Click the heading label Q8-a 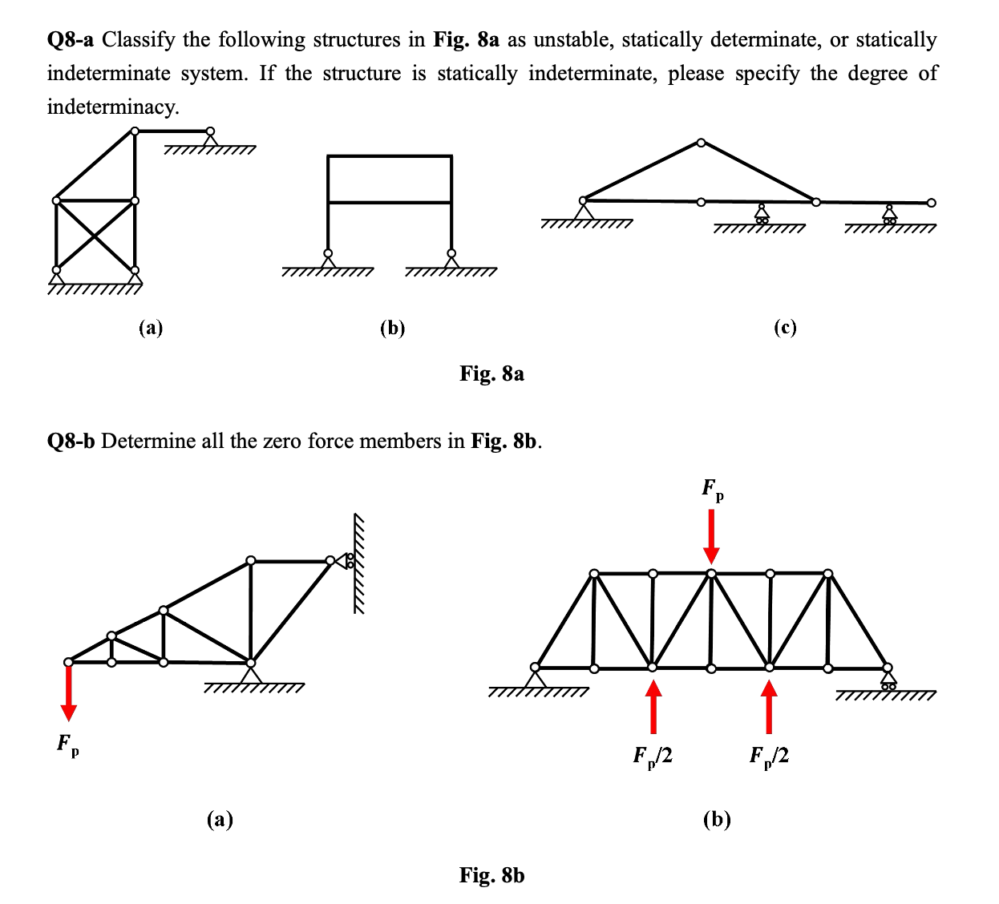(x=71, y=40)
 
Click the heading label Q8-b (x=71, y=442)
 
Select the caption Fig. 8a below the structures (x=491, y=373)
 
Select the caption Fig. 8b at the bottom (x=491, y=875)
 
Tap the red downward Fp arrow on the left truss (x=69, y=693)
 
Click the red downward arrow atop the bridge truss (x=711, y=536)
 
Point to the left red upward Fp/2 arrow (x=653, y=706)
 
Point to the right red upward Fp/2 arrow (x=769, y=706)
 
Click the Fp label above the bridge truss (x=712, y=489)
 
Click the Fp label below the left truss (x=67, y=745)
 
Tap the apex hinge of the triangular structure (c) (x=702, y=143)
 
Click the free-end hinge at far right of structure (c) (x=931, y=203)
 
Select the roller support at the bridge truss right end (x=888, y=679)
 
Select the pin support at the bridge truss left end (x=535, y=677)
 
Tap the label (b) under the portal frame (x=392, y=328)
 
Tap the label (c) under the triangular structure (x=785, y=328)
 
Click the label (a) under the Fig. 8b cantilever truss (x=220, y=819)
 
